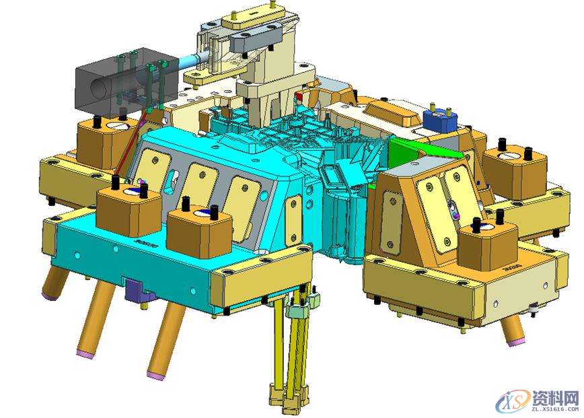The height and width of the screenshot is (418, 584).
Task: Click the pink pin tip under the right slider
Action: (x=515, y=341)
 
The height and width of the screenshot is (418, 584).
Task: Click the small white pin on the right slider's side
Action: (x=534, y=310)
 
